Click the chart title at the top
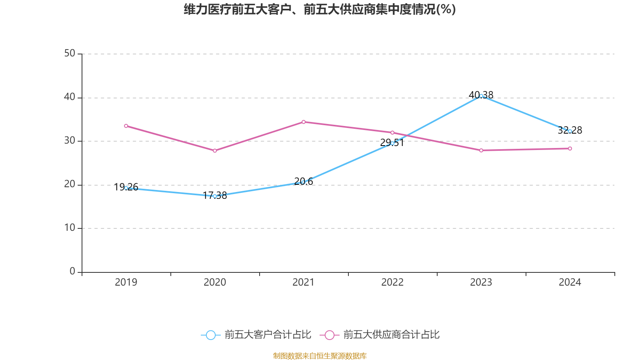(320, 9)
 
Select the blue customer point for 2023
(481, 96)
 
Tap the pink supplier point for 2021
(303, 122)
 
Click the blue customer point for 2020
(215, 196)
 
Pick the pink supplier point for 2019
(126, 126)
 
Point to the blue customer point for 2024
(570, 131)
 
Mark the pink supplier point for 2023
(481, 150)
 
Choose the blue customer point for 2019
(126, 188)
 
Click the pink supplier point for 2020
(215, 151)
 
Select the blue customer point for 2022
(392, 143)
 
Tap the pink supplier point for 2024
(570, 149)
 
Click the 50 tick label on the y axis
(70, 54)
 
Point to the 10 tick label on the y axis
(70, 228)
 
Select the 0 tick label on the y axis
(72, 272)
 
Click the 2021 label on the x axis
(303, 282)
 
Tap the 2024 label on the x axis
(570, 282)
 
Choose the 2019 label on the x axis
(126, 282)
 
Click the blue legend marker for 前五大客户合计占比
(210, 335)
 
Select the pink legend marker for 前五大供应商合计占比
(329, 335)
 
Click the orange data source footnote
(320, 356)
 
